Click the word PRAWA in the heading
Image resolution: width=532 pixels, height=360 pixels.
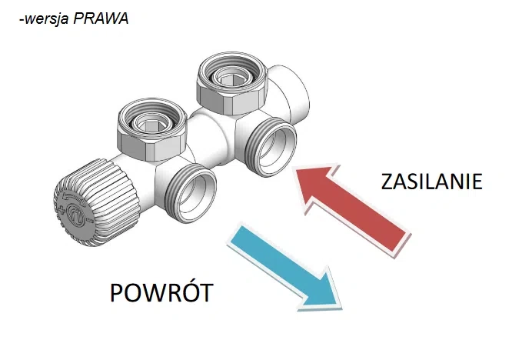(101, 19)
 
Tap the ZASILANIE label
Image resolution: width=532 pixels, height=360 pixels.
(431, 182)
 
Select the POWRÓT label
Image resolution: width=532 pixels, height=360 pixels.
(161, 294)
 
